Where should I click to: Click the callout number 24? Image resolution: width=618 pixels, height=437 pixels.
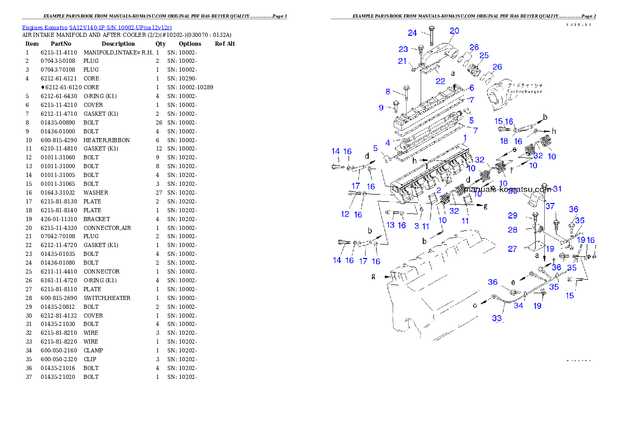pos(412,33)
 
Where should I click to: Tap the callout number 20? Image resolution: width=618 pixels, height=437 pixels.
pos(454,31)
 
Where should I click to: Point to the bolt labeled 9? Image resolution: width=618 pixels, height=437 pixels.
pos(395,106)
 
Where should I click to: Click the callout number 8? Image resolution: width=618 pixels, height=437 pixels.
pos(387,91)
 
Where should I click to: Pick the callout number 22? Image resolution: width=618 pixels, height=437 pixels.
pos(440,81)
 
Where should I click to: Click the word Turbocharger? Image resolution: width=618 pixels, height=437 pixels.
pos(524,91)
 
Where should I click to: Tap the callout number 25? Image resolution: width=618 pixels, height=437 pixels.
pos(484,56)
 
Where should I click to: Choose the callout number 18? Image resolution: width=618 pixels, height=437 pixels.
pos(504,141)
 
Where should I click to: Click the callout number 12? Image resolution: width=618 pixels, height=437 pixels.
pos(345,214)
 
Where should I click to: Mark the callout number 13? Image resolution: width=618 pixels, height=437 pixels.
pos(391,225)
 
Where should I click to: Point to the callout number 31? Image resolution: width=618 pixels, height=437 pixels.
pos(557,188)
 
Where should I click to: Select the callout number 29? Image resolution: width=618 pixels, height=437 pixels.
pos(513,215)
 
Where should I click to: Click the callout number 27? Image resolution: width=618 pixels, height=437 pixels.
pos(513,249)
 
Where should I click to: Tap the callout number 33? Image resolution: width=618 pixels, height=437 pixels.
pos(498,318)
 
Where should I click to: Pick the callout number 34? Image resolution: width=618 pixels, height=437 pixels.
pos(518,306)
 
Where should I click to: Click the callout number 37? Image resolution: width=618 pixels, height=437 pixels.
pos(549,207)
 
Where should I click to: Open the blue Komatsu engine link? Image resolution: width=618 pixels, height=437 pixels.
pos(97,27)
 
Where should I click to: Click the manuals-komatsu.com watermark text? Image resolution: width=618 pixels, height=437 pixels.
pos(508,190)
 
